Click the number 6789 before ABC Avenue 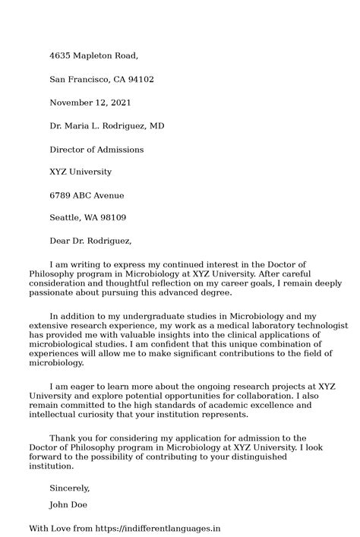(61, 196)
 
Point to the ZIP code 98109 (111, 219)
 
